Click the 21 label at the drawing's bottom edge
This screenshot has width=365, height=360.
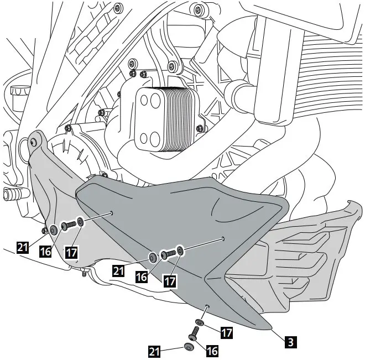pyautogui.click(x=154, y=350)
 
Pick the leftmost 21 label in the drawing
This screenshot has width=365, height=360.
pyautogui.click(x=22, y=248)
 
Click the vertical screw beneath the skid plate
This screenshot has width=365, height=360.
pyautogui.click(x=194, y=333)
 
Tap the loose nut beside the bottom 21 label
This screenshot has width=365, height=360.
pyautogui.click(x=189, y=347)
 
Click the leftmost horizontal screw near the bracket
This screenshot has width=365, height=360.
pyautogui.click(x=67, y=225)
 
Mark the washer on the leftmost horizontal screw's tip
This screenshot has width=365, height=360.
pyautogui.click(x=81, y=222)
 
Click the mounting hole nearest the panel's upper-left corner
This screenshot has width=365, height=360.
pyautogui.click(x=112, y=211)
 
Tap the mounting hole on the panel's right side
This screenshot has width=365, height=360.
pyautogui.click(x=222, y=239)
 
